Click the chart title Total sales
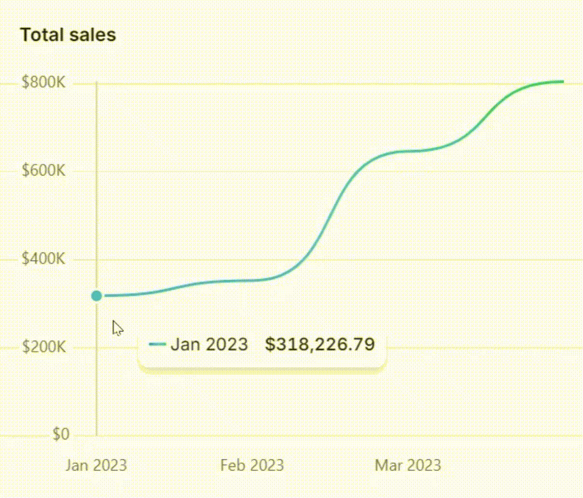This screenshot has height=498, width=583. pos(68,35)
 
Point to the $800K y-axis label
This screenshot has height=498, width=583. pos(43,83)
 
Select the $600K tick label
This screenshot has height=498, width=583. pos(43,170)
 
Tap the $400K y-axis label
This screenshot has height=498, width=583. pos(43,259)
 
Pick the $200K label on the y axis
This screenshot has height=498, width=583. pos(44,347)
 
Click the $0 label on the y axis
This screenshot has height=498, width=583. pos(61,434)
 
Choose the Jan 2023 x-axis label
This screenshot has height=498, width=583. pos(96,465)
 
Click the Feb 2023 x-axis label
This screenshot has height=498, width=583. pos(252,465)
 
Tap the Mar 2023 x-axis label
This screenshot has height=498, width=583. pos(408,465)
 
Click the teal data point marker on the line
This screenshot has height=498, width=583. pos(97,296)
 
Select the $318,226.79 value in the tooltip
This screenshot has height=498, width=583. pos(320,345)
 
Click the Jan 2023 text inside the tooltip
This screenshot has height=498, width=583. pos(209,345)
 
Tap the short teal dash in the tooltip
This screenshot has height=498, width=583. pos(157,345)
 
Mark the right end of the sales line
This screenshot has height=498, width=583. pos(562,82)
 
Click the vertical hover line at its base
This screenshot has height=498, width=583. pos(97,433)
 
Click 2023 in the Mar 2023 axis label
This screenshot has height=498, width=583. pos(423,465)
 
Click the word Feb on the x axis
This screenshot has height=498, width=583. pos(230,465)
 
